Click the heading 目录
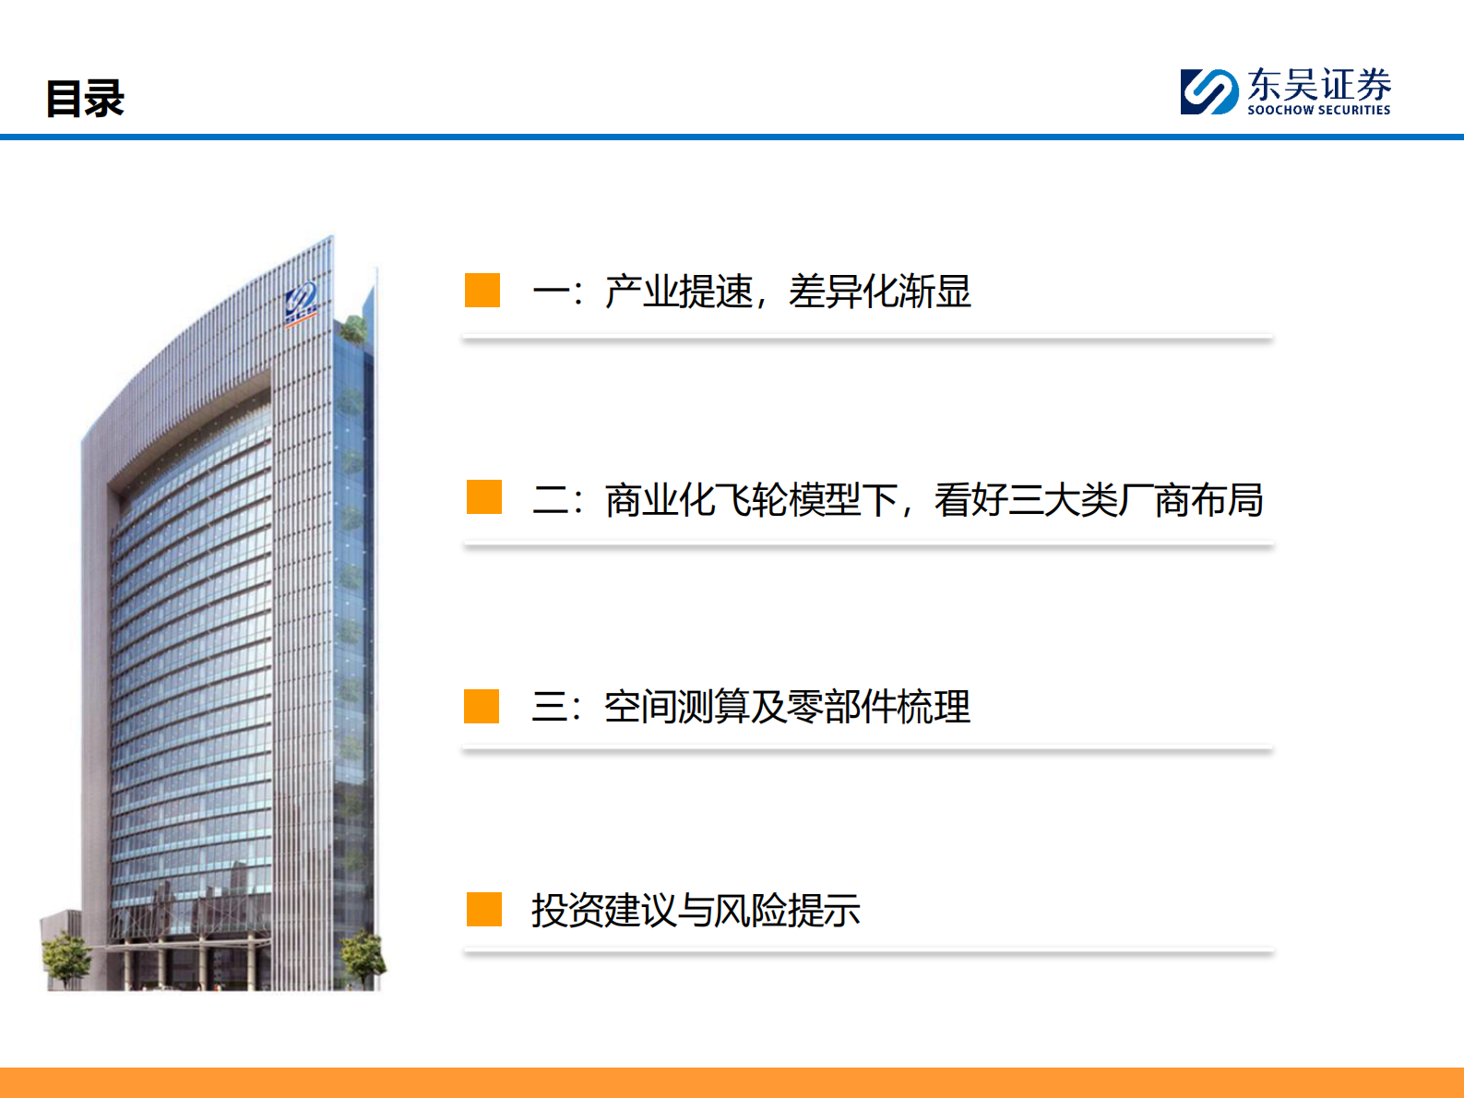click(x=85, y=99)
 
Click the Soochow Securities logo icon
click(x=1208, y=91)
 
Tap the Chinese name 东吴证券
click(x=1319, y=85)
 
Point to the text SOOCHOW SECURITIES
click(x=1318, y=110)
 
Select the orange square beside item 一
click(x=482, y=290)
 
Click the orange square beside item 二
click(x=484, y=496)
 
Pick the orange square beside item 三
click(x=482, y=706)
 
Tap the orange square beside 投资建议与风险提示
click(x=484, y=909)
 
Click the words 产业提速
click(x=679, y=292)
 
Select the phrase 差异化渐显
click(x=880, y=292)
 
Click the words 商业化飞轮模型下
click(x=752, y=500)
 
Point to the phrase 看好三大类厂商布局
click(x=1098, y=500)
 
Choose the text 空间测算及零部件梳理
click(x=787, y=708)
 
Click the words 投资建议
click(x=603, y=911)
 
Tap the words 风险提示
click(x=787, y=911)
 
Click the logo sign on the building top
click(x=301, y=303)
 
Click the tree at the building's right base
click(x=362, y=955)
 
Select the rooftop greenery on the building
click(x=352, y=328)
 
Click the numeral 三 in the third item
click(x=549, y=708)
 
